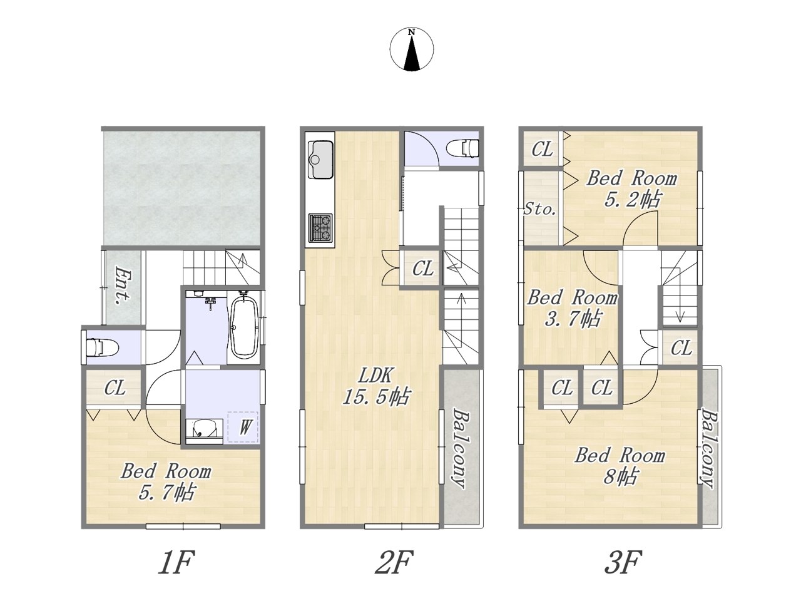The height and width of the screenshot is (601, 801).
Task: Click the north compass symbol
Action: click(x=411, y=49)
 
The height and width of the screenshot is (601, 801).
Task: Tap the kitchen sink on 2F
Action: click(x=320, y=159)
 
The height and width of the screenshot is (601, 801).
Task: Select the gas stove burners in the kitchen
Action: click(x=320, y=228)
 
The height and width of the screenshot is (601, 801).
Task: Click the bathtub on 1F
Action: click(x=244, y=326)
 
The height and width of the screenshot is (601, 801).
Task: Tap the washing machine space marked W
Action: click(x=243, y=427)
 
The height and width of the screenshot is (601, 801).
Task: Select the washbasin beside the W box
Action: click(x=204, y=431)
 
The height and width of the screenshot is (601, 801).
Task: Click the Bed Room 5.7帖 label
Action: click(x=166, y=481)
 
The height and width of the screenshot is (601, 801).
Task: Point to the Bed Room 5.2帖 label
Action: click(x=632, y=189)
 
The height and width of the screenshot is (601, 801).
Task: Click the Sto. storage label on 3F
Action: click(x=539, y=210)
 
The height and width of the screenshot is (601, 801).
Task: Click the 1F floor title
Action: click(x=176, y=562)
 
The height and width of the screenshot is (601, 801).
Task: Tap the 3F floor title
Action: click(x=623, y=562)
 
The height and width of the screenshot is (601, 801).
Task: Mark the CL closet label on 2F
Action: click(x=423, y=269)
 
